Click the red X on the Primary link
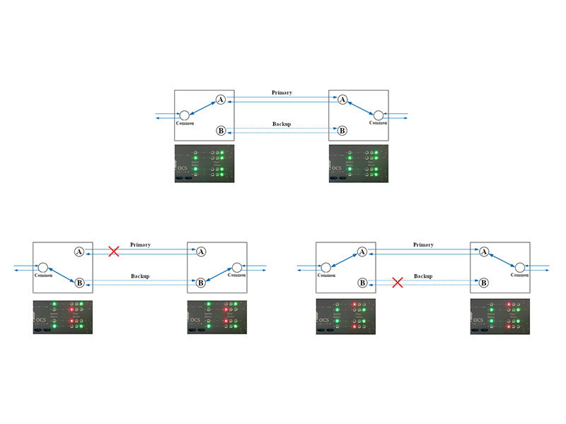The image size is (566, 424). click(x=113, y=251)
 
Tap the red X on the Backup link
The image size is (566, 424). click(x=398, y=282)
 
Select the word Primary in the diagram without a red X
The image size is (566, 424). click(x=282, y=93)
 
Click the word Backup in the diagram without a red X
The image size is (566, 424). click(x=282, y=124)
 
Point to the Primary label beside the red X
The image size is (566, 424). click(x=140, y=245)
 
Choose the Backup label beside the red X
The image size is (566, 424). click(x=423, y=276)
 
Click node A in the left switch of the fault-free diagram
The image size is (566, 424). click(x=221, y=100)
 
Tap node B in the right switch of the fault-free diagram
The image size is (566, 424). click(x=342, y=131)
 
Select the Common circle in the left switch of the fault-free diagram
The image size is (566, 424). click(x=184, y=115)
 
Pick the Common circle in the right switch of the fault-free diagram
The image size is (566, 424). click(x=379, y=115)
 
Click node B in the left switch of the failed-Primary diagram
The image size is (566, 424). click(x=79, y=283)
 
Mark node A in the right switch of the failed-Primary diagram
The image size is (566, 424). click(x=201, y=252)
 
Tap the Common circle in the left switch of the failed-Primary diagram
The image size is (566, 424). click(x=42, y=267)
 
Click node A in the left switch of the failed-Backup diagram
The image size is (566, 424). click(x=362, y=252)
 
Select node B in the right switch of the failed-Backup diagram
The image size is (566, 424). click(x=484, y=283)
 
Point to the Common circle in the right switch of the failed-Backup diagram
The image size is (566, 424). click(x=520, y=267)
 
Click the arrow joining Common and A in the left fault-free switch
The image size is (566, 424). click(x=202, y=107)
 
